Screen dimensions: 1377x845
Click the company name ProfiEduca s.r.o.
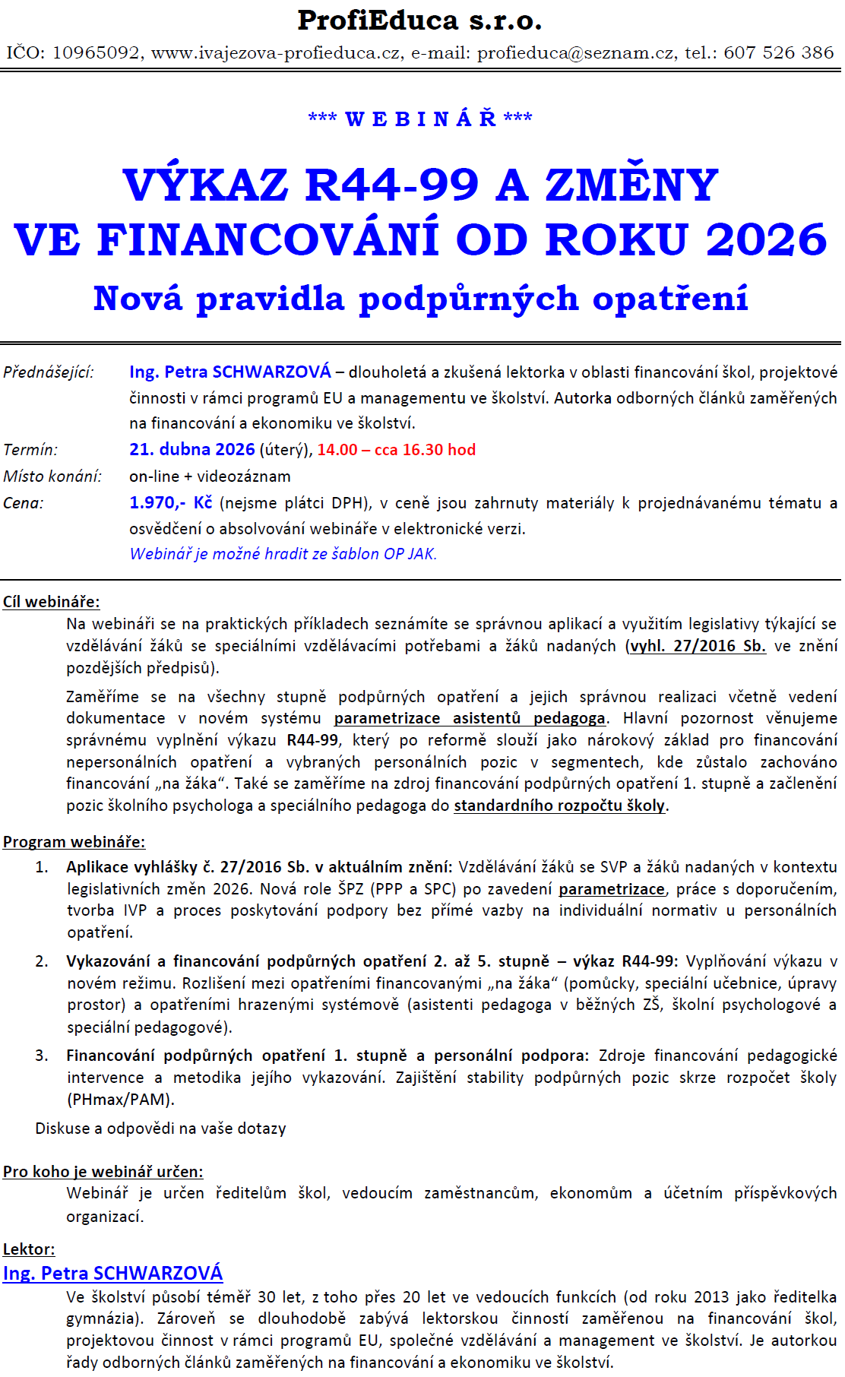(419, 21)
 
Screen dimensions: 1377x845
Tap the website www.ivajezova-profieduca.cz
(277, 53)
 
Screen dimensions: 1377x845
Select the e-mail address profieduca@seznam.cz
(575, 53)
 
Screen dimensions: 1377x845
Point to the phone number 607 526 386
(779, 53)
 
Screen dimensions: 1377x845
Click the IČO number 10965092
(97, 53)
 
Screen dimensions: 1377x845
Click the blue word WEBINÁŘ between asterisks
(420, 119)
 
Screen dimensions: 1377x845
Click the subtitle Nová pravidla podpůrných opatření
(420, 299)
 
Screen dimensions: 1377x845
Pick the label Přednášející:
(49, 372)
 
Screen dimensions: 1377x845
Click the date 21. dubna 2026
(191, 450)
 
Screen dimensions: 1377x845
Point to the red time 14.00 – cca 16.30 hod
(396, 450)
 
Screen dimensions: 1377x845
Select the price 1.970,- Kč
(170, 503)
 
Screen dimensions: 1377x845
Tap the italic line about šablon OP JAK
(283, 554)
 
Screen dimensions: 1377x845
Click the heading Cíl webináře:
(51, 602)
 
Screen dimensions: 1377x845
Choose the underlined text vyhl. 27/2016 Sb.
(698, 646)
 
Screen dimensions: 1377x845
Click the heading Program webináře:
(74, 842)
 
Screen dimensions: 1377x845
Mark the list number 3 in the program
(42, 1056)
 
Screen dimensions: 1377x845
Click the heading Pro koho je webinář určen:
(103, 1172)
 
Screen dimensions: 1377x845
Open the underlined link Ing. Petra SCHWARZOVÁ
(113, 1274)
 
